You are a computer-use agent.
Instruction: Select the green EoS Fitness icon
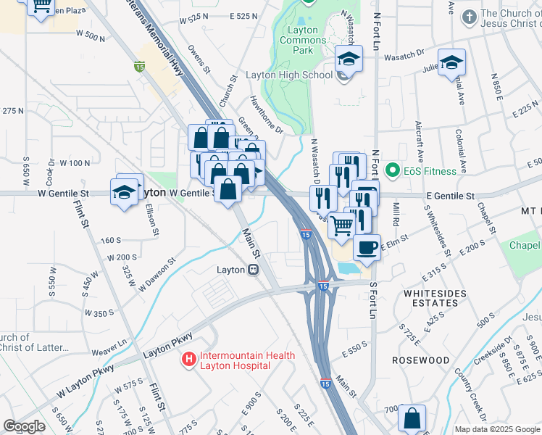[x=393, y=171]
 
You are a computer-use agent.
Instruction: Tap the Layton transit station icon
[x=253, y=270]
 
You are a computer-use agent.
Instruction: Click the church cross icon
[x=470, y=16]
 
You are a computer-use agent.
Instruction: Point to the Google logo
[x=24, y=426]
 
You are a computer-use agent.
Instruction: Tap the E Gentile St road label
[x=450, y=196]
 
